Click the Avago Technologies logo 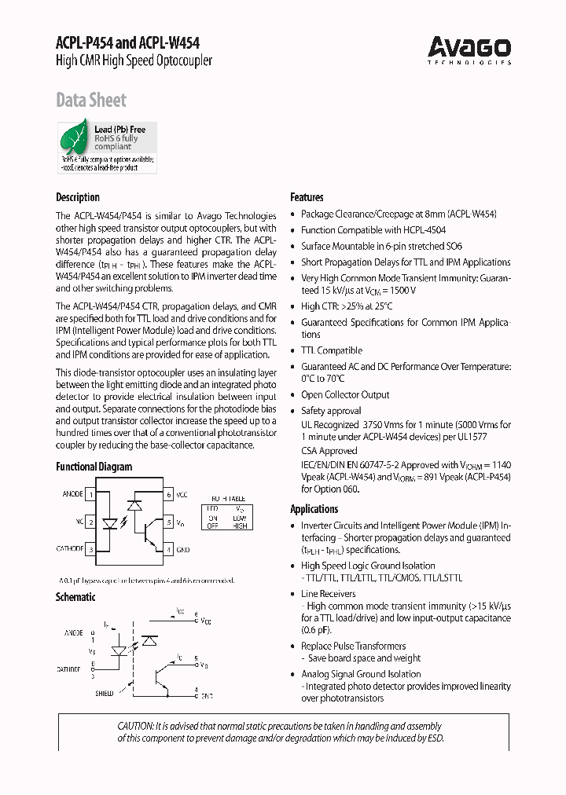tap(469, 50)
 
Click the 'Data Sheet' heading tap(90, 100)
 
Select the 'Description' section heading tap(77, 197)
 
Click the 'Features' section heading tap(307, 197)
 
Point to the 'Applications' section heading tap(314, 509)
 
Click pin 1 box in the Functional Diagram tap(91, 495)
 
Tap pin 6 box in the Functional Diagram tap(168, 495)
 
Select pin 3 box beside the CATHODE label tap(91, 549)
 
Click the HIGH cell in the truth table tap(239, 526)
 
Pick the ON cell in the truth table tap(212, 518)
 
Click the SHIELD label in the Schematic tap(104, 694)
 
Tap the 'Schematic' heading tap(75, 597)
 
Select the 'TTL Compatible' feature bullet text tap(332, 350)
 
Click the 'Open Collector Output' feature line tap(345, 395)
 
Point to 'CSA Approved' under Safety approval tap(329, 451)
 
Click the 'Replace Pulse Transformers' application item tap(353, 646)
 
